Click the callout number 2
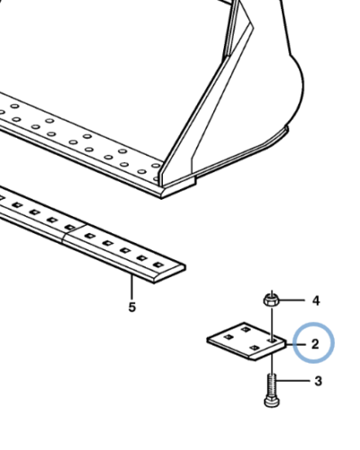(x=315, y=344)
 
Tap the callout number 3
(x=316, y=382)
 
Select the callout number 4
(x=316, y=301)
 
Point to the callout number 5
(x=132, y=309)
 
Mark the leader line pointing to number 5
(x=132, y=288)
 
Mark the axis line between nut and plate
(x=271, y=319)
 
